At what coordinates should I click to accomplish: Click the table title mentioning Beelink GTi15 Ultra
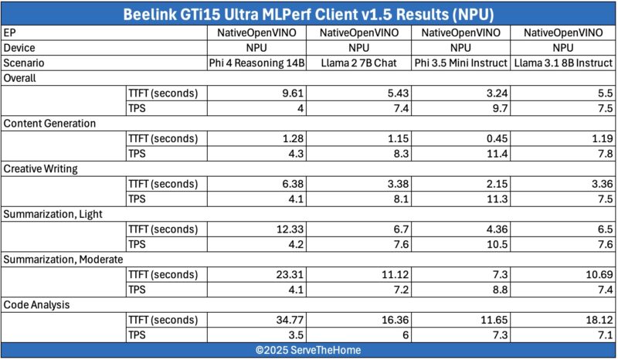[309, 13]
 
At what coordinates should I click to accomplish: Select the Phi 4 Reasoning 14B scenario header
[257, 63]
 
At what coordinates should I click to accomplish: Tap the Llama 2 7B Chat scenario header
[359, 63]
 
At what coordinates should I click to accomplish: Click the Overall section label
[22, 78]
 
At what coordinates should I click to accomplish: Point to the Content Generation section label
[49, 123]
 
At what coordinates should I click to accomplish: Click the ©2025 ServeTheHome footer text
[309, 350]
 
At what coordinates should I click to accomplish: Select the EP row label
[10, 32]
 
